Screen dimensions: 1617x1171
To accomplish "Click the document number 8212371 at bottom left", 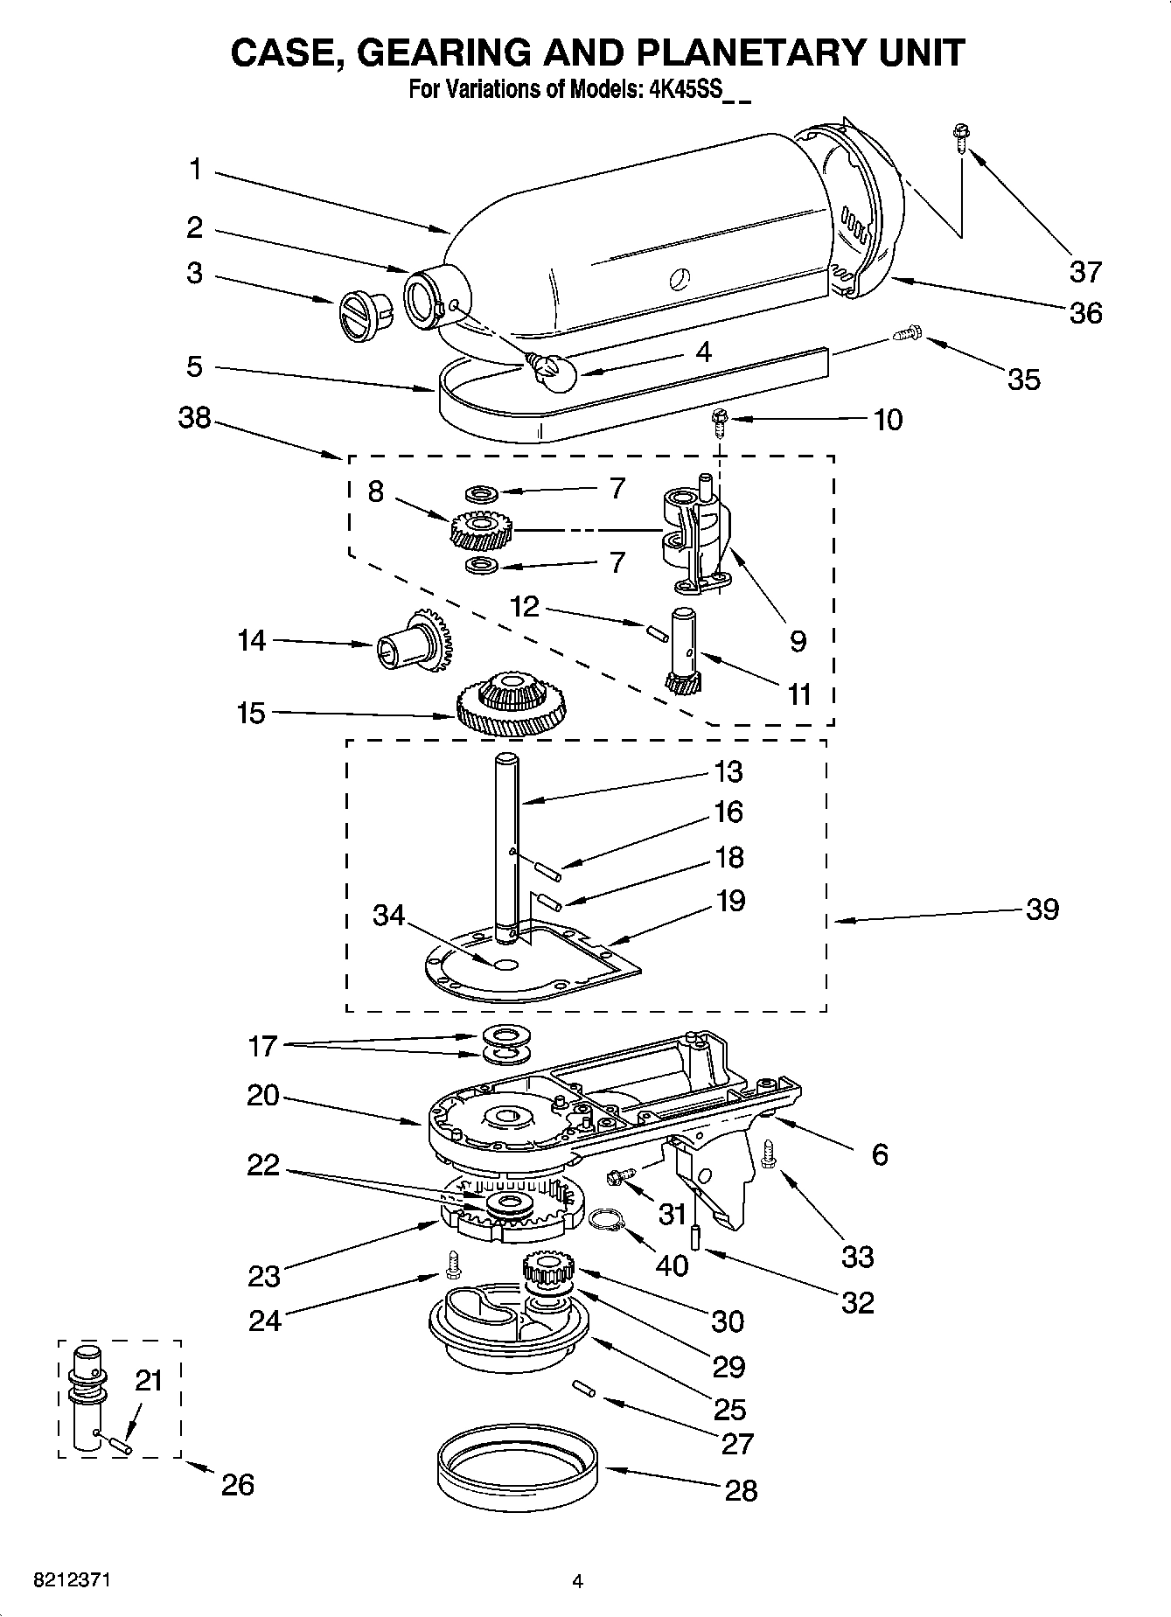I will coord(72,1580).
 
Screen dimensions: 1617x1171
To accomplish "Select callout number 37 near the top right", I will coord(1085,272).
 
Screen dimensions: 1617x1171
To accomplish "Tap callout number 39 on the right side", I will coord(1042,910).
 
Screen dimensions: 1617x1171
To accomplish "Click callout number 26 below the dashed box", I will coord(238,1484).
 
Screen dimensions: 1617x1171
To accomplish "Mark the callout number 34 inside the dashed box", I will coord(389,915).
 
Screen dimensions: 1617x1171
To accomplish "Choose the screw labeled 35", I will coord(906,333).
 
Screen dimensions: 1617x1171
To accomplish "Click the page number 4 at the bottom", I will coord(576,1580).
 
